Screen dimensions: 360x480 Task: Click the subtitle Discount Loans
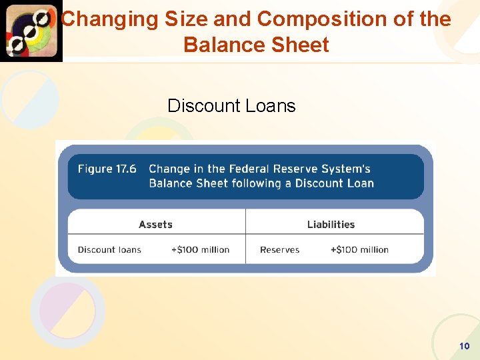click(231, 105)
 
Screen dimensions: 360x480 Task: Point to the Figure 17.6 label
click(107, 169)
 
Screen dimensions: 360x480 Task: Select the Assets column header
click(155, 225)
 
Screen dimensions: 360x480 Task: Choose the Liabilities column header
click(331, 225)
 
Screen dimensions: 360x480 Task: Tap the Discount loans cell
click(109, 250)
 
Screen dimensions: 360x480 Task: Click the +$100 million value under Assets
click(200, 250)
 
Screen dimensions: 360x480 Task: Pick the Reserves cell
click(279, 250)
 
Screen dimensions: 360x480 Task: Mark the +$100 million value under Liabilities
click(359, 250)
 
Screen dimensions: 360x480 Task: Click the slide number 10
click(465, 346)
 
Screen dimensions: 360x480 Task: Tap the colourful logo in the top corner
click(31, 31)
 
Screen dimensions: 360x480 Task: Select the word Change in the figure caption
click(169, 169)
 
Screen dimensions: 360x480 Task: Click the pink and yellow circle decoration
click(67, 311)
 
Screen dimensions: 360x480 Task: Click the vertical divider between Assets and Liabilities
click(245, 236)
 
